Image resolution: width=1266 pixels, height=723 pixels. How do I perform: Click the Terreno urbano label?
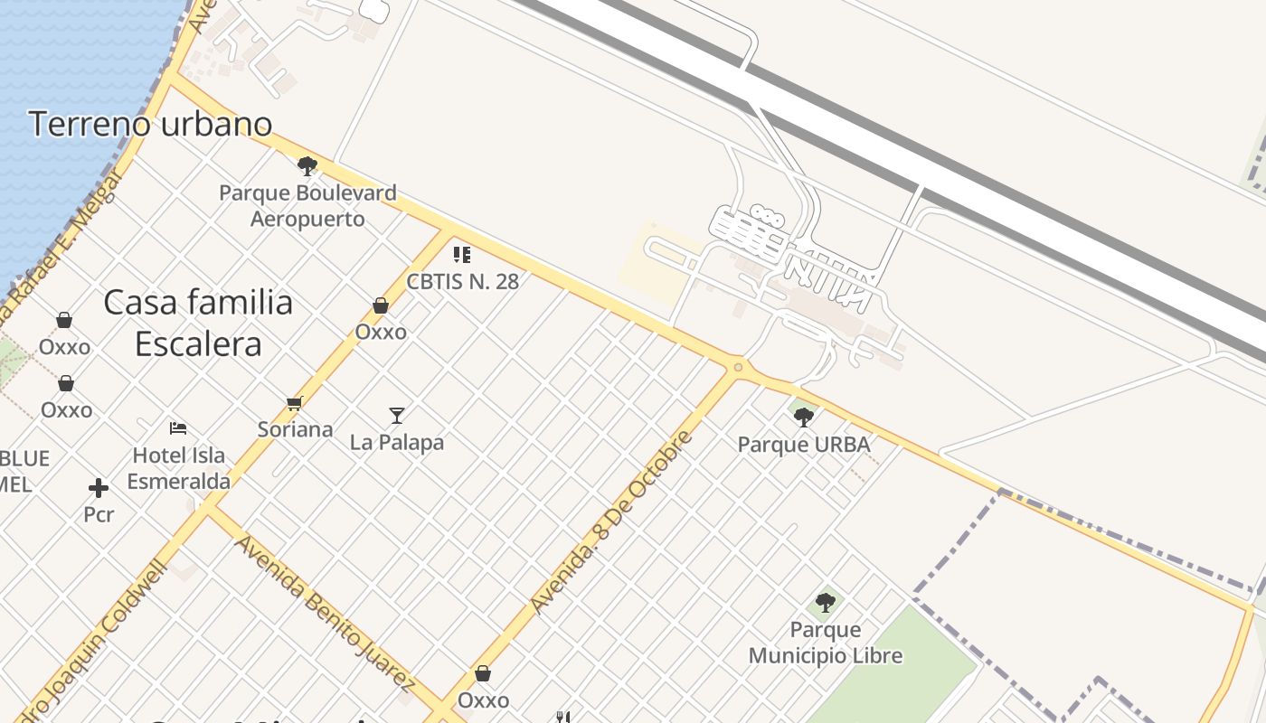(x=150, y=124)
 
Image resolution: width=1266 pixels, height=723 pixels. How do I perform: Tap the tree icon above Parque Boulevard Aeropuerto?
(x=307, y=166)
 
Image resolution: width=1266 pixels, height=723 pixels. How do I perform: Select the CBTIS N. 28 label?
(x=462, y=281)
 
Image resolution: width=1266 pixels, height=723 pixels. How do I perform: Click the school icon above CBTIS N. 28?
(x=462, y=255)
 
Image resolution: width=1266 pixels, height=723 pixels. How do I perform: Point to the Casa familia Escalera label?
(x=198, y=323)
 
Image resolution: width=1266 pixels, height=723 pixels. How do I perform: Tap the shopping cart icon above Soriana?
(x=294, y=403)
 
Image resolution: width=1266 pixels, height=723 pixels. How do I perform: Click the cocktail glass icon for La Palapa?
(x=397, y=416)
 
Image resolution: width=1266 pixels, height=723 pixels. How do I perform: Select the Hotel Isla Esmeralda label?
(x=179, y=468)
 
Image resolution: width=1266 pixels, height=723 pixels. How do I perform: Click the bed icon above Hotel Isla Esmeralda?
(x=178, y=427)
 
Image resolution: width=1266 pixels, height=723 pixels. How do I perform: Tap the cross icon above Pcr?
(x=99, y=489)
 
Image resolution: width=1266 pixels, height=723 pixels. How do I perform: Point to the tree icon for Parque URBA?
(x=803, y=417)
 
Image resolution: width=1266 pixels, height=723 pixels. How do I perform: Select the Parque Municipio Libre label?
(x=825, y=643)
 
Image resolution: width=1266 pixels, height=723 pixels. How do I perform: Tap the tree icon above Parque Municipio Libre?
(x=825, y=602)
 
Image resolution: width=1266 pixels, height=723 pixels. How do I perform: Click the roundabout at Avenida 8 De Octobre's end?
(x=739, y=367)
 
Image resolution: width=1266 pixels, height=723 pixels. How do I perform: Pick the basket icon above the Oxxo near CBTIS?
(x=381, y=306)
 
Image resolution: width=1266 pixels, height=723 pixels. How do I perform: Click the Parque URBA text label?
(x=803, y=445)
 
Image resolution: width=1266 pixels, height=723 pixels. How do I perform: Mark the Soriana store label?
(x=295, y=429)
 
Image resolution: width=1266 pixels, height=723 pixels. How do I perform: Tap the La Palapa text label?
(x=397, y=443)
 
